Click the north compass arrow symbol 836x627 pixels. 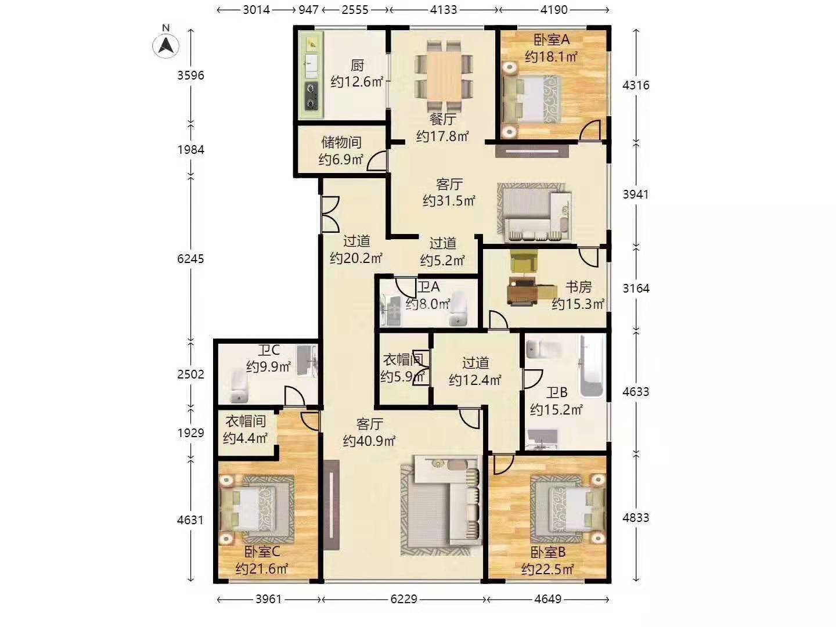point(165,46)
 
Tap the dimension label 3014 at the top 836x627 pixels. point(257,10)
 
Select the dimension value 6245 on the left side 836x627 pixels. point(190,259)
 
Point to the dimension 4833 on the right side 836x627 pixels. point(636,518)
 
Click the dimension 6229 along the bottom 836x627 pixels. point(403,599)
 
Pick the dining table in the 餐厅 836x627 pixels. point(444,75)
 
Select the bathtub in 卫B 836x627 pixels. point(592,366)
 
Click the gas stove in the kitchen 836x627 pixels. point(312,96)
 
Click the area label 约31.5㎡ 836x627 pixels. point(449,201)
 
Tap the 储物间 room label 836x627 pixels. point(341,142)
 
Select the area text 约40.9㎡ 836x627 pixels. point(369,441)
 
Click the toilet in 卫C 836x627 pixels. point(239,387)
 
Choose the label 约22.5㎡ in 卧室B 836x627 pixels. point(547,569)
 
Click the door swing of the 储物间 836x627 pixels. point(377,160)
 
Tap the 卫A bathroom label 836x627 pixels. point(428,287)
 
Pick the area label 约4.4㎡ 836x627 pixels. point(245,438)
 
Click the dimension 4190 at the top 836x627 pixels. point(554,10)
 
